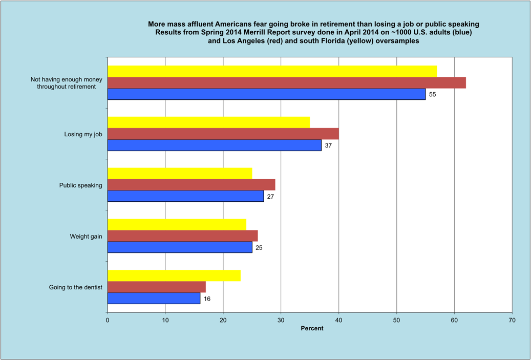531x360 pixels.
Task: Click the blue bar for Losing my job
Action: (215, 145)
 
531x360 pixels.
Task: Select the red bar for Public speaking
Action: (192, 185)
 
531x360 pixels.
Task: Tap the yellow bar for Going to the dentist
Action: (174, 276)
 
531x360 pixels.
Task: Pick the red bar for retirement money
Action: (287, 82)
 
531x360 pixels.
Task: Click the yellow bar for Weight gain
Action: (177, 224)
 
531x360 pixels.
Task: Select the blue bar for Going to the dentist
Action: (154, 299)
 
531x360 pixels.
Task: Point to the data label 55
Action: (432, 95)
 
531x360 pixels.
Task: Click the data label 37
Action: (328, 146)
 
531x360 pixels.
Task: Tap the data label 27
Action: (270, 197)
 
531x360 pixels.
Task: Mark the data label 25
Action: (259, 248)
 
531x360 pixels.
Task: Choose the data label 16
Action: (207, 299)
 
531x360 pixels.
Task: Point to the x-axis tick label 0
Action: (108, 320)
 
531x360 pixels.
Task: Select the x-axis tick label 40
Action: (338, 320)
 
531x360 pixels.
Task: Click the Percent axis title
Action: (312, 328)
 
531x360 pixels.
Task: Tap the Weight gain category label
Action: (86, 237)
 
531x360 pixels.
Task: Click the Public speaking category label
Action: (81, 185)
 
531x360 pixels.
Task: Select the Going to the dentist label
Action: (76, 287)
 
